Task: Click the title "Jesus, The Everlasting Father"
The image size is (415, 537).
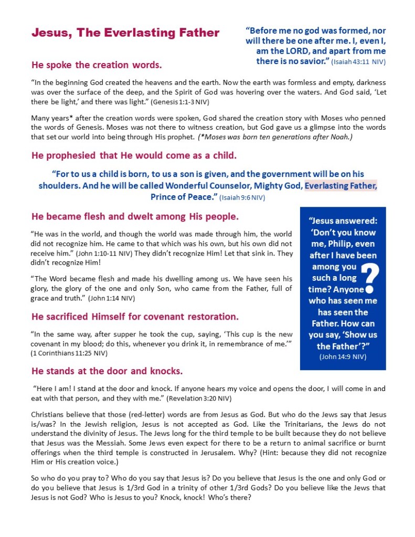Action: click(125, 33)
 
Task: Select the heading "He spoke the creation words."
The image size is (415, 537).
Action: click(97, 65)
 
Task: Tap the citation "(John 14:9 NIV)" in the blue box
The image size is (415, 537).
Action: click(343, 357)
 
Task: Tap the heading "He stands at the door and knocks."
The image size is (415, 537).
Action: click(107, 371)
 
